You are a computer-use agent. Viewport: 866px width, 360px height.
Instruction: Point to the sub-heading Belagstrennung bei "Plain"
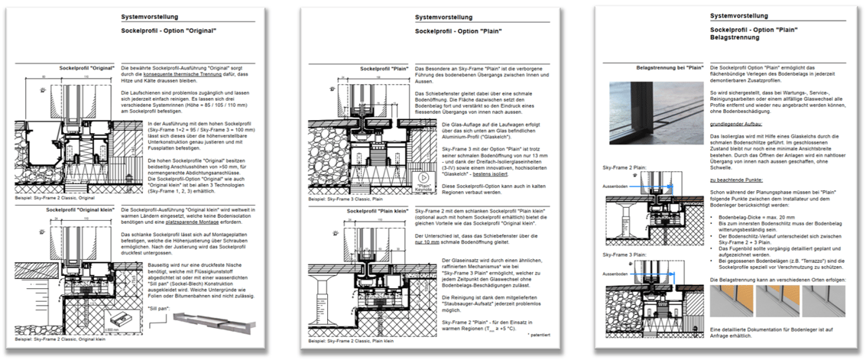[671, 67]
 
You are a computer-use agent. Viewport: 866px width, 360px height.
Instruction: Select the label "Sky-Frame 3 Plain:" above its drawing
[619, 253]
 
